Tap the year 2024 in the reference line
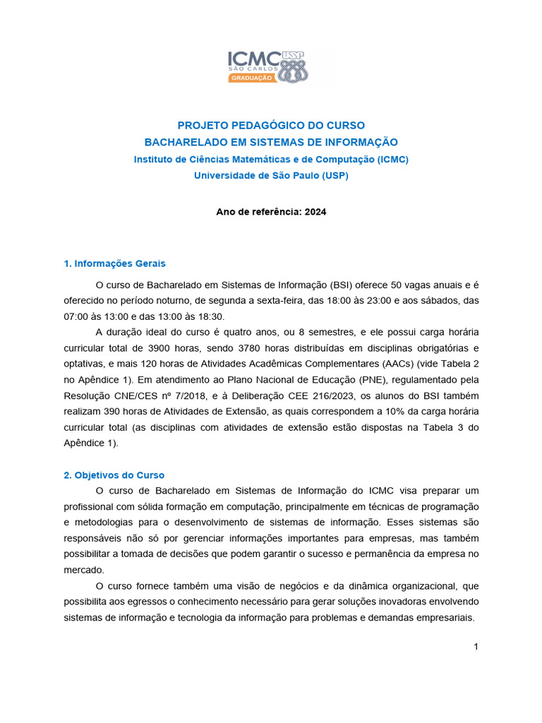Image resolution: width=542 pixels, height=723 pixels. click(315, 211)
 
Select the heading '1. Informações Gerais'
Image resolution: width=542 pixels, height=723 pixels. click(114, 263)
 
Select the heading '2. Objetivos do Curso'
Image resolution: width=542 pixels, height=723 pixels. click(114, 475)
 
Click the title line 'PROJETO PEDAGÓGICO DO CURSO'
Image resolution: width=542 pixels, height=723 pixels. click(271, 126)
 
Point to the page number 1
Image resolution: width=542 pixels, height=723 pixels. click(476, 647)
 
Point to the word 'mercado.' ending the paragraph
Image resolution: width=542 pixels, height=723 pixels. click(84, 569)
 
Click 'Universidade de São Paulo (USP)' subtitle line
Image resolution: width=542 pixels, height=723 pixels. click(271, 175)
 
